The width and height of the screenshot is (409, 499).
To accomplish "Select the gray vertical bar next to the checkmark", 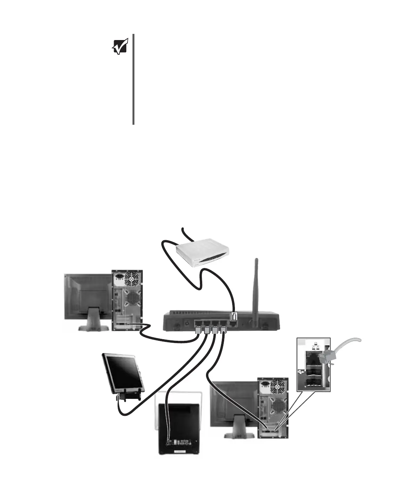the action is pyautogui.click(x=134, y=79).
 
